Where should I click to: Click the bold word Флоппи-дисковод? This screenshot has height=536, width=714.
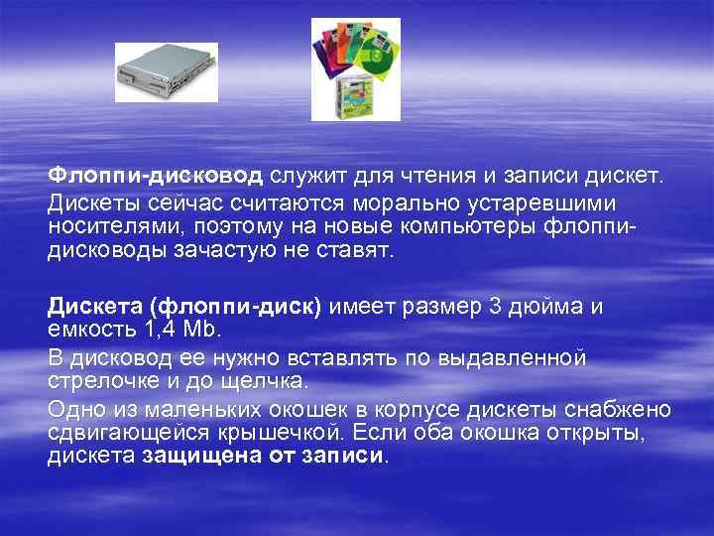(156, 177)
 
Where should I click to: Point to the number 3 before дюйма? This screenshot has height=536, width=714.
(496, 306)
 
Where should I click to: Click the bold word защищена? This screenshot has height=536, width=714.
(205, 457)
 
